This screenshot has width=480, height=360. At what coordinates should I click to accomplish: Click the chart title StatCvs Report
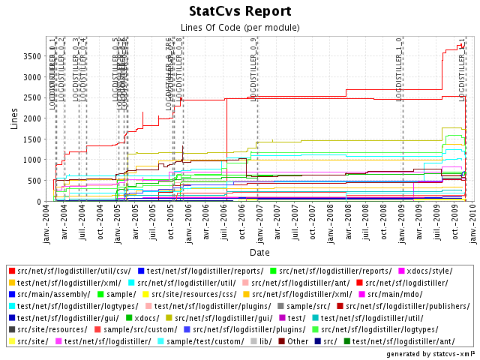click(x=240, y=12)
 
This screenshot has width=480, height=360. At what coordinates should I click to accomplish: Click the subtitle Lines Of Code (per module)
click(x=240, y=28)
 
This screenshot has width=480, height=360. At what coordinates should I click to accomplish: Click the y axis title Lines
click(x=14, y=118)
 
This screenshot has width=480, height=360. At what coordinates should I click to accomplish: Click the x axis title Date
click(x=260, y=253)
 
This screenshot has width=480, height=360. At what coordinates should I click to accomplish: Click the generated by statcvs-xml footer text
click(x=430, y=352)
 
